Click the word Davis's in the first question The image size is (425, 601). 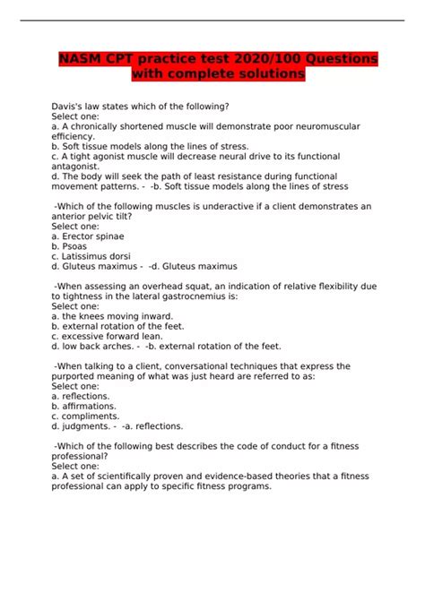pos(70,107)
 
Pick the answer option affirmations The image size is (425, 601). pos(93,406)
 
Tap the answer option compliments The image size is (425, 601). pos(92,416)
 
